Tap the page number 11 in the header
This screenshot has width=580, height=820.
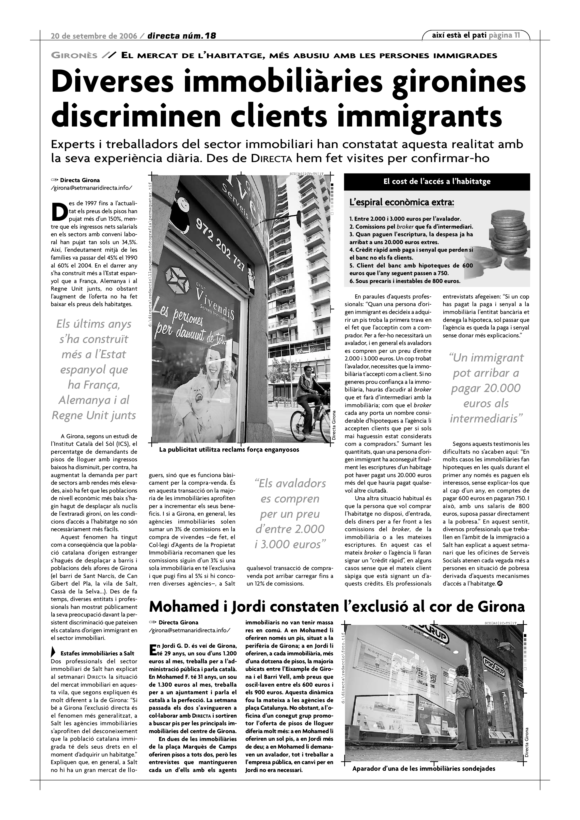[517, 35]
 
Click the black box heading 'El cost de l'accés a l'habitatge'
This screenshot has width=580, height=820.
[436, 181]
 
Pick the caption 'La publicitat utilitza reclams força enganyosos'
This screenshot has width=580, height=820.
[229, 450]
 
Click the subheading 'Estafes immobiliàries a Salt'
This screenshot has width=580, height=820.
[97, 654]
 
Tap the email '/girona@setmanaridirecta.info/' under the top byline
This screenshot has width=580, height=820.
[91, 188]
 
